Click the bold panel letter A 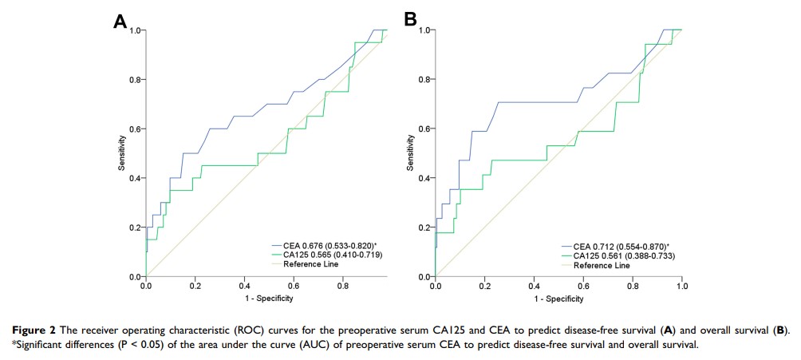[x=120, y=22]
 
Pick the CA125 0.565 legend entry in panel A [x=321, y=255]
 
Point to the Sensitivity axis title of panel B [x=411, y=152]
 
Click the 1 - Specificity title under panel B [x=558, y=299]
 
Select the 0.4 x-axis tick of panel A [x=244, y=284]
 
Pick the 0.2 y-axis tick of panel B [x=425, y=227]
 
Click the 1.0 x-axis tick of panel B [x=681, y=284]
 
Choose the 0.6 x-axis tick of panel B [x=583, y=284]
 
